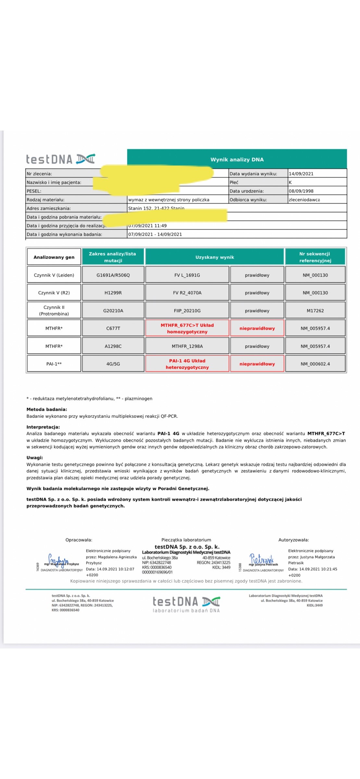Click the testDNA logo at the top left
pos(61,159)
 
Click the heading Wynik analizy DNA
pos(237,159)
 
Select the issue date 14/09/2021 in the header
pos(301,174)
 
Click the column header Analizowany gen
pos(54,257)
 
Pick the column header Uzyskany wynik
pos(215,257)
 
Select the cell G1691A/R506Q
pos(113,275)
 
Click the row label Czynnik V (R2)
pos(54,293)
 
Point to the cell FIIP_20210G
pos(187,311)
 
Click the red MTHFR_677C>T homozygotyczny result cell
pos(187,328)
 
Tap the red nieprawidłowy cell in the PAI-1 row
pos(257,364)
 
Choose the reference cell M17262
pos(315,311)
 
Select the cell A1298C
pos(113,346)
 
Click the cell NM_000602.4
pos(315,364)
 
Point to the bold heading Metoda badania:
pos(47,410)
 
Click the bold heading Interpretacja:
pos(43,427)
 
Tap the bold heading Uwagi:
pos(35,458)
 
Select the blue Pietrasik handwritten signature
pos(262,560)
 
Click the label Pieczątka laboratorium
pos(186,540)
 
